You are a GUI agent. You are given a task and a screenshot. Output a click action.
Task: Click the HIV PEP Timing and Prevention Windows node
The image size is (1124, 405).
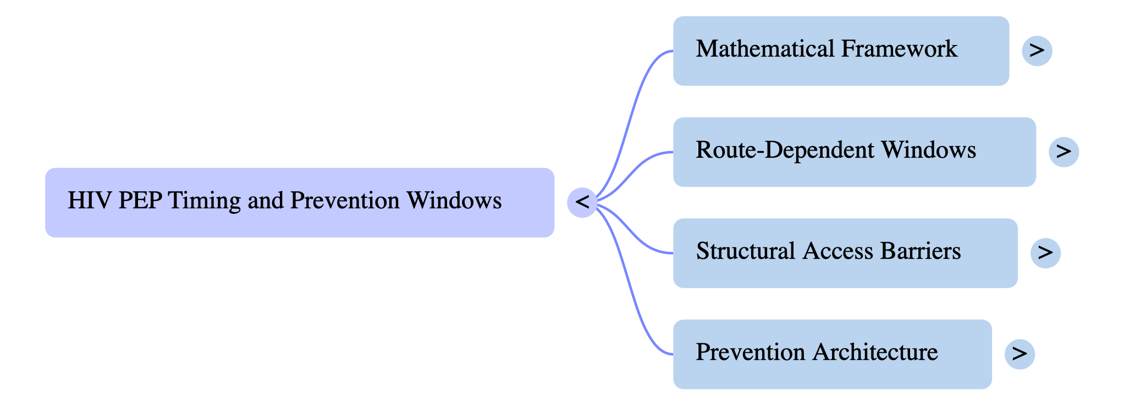coord(300,202)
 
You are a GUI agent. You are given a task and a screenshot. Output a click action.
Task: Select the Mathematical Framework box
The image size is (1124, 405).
coord(841,51)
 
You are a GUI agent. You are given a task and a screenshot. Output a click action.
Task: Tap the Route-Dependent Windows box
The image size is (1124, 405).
coord(854,152)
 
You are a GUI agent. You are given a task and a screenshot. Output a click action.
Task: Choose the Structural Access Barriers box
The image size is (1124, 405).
coord(845,253)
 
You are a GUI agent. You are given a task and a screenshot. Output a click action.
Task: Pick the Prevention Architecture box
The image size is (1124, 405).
coord(832,354)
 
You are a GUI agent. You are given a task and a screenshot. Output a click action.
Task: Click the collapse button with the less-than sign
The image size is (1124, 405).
coord(582,202)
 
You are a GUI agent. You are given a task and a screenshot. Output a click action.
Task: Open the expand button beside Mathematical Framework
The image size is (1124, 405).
coord(1037,51)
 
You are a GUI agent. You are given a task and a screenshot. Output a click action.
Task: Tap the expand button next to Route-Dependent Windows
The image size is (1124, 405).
coord(1064,152)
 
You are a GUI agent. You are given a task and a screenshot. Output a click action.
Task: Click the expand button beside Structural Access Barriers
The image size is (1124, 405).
coord(1045,253)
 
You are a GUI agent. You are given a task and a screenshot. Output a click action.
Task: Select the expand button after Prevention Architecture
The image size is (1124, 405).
coord(1020,354)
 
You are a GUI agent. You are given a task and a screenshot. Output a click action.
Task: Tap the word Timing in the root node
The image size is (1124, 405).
coord(204,201)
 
